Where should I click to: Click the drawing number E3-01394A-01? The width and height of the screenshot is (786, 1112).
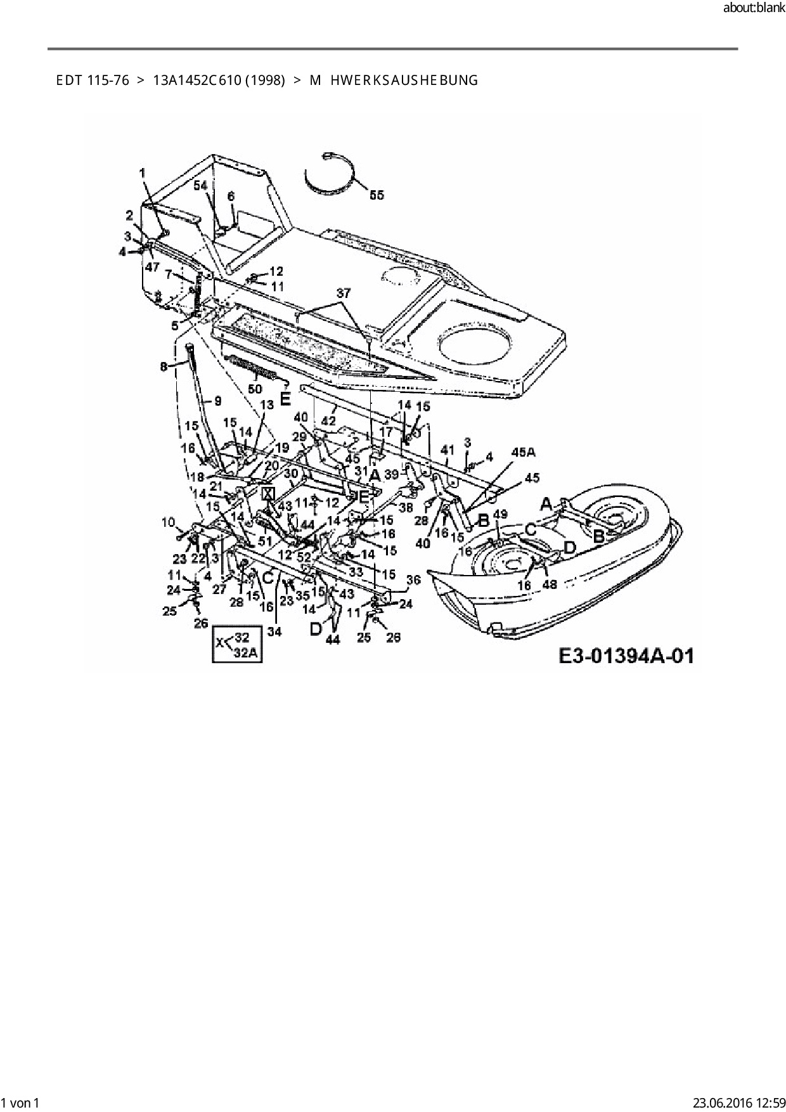626,655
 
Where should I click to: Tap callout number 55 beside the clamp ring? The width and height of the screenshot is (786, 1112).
377,195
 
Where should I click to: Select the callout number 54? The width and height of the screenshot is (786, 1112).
200,185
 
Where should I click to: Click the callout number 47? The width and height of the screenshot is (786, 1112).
151,267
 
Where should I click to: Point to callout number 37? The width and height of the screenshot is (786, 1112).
343,294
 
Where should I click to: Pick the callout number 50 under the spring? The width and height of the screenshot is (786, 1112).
255,388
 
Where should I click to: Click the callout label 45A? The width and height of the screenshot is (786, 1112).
523,452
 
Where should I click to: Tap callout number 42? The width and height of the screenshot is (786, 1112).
328,420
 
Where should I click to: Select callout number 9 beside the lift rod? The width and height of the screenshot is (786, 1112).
217,401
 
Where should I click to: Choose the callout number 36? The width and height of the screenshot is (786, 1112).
413,579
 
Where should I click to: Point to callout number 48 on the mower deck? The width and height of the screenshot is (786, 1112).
549,584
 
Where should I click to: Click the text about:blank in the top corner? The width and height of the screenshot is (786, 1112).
753,8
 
